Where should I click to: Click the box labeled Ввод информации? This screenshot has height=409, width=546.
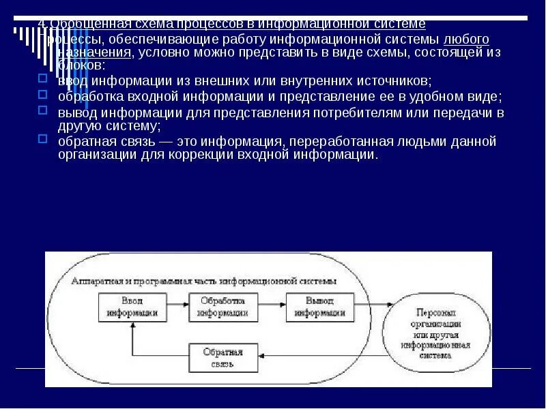[x=133, y=307]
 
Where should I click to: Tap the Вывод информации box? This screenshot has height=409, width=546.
[x=319, y=307]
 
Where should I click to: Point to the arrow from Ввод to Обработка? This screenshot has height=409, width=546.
[x=179, y=307]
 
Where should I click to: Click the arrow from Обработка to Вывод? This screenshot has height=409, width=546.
[x=272, y=307]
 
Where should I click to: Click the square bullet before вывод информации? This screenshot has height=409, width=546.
[x=42, y=110]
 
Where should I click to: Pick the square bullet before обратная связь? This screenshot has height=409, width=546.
[x=42, y=139]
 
